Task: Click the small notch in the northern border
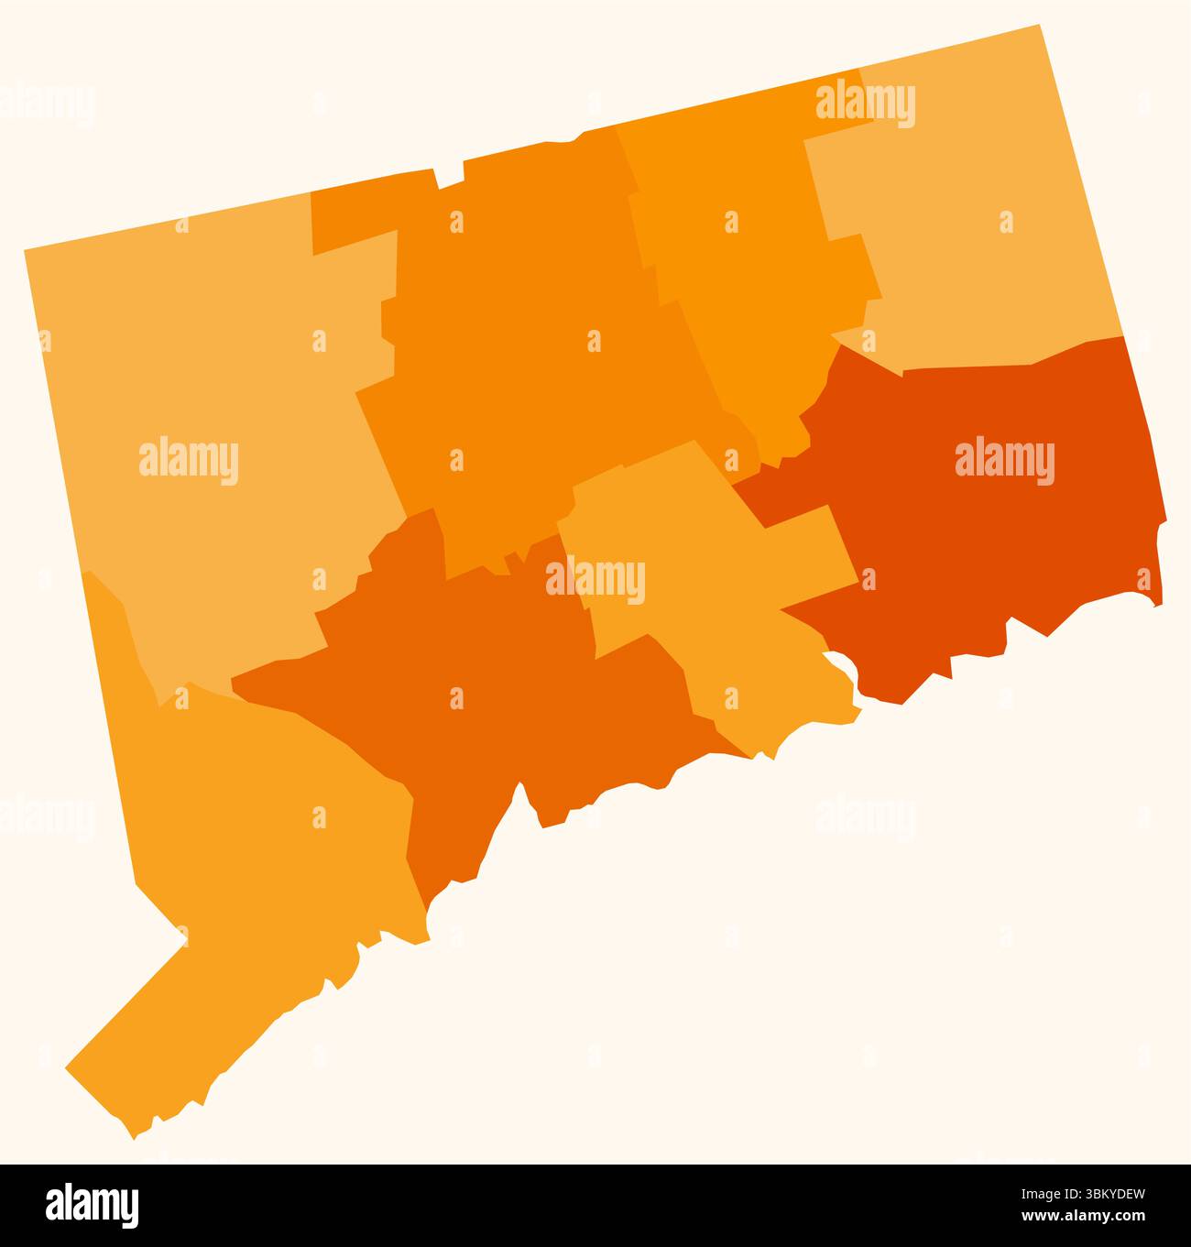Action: click(x=450, y=178)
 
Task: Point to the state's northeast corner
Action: click(x=1040, y=27)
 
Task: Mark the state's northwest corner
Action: click(x=26, y=250)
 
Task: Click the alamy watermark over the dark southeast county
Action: click(x=1004, y=462)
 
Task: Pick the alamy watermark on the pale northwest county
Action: click(x=189, y=462)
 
